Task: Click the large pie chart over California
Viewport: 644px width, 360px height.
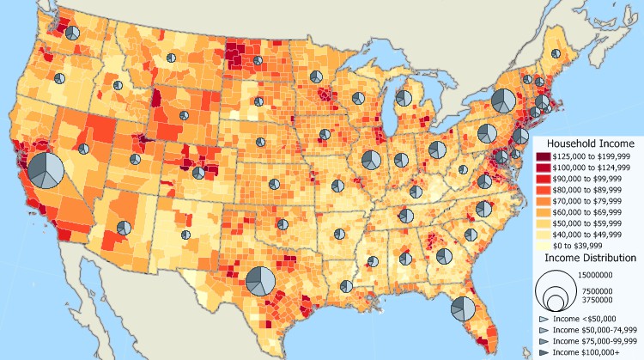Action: pos(46,170)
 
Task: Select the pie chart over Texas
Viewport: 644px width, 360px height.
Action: pos(260,281)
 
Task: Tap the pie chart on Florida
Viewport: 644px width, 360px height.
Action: pos(463,308)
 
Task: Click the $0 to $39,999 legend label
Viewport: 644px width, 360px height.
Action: pos(583,247)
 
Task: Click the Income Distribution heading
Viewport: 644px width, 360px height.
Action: pos(590,258)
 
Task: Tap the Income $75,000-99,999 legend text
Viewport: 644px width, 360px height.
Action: pos(595,341)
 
